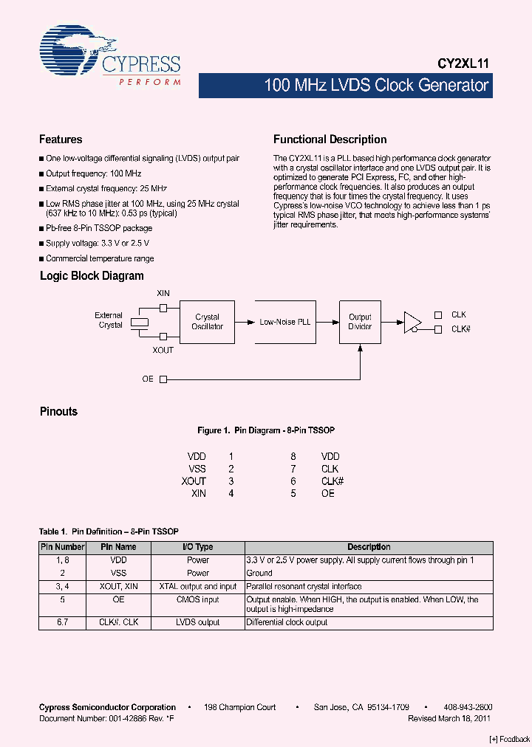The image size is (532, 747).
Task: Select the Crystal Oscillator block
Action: [207, 322]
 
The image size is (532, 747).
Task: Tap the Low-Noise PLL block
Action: [284, 322]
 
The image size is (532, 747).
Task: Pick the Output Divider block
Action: [360, 322]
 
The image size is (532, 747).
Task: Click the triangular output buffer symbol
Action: [412, 322]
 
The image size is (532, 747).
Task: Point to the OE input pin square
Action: [163, 379]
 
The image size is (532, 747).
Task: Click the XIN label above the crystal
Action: [163, 294]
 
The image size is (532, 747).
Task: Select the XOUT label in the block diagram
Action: [163, 350]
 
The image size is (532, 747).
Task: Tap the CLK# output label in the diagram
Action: [461, 329]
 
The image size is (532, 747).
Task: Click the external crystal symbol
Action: [138, 322]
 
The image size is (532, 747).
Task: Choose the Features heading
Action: [61, 140]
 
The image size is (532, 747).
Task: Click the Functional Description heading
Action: [330, 140]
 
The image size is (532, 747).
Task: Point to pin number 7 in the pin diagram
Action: [293, 469]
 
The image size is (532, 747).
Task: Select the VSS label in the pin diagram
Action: [197, 469]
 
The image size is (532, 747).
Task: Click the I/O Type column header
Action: [197, 547]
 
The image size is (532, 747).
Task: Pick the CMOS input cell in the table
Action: [197, 599]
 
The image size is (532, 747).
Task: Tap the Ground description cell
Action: [259, 573]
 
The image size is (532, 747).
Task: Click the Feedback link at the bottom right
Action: [510, 739]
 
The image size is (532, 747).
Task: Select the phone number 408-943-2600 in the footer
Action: [468, 707]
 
